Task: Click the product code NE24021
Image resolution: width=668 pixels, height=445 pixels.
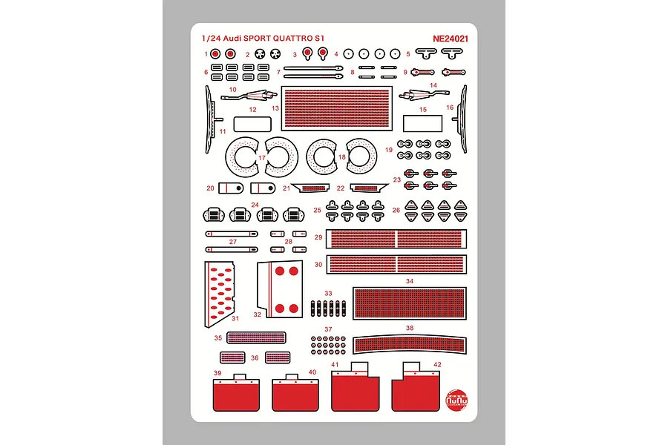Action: (451, 39)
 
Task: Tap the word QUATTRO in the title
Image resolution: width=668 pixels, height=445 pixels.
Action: (292, 39)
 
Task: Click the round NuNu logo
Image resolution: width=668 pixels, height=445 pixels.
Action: (456, 400)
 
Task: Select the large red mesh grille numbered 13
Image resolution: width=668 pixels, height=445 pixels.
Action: (336, 108)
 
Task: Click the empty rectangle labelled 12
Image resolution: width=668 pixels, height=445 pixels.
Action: (252, 124)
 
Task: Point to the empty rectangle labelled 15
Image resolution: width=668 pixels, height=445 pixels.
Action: (422, 124)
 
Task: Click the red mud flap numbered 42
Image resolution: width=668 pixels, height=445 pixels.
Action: (416, 386)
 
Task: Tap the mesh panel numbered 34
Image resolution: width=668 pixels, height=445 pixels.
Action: (410, 303)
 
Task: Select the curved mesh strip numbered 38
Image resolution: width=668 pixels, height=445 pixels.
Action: (410, 344)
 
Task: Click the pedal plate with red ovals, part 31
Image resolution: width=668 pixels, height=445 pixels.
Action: (219, 294)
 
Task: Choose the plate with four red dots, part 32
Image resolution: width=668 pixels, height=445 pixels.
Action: (281, 289)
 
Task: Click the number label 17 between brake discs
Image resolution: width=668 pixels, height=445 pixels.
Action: (261, 158)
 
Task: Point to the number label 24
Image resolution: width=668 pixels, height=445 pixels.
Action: (255, 205)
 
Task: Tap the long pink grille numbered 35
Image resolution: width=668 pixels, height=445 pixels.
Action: (257, 337)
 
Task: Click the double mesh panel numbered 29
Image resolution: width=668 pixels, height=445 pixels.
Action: (396, 239)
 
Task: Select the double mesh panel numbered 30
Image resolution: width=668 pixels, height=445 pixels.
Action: (396, 265)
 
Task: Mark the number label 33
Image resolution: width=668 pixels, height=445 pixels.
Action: (328, 294)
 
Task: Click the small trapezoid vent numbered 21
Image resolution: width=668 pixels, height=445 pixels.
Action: (310, 188)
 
